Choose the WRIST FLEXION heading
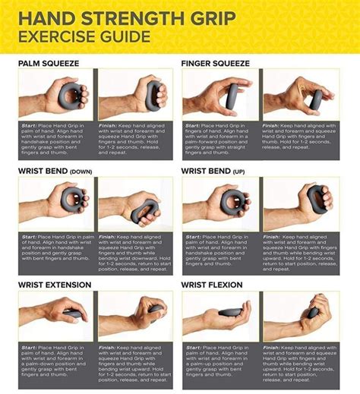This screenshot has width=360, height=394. pos(212,285)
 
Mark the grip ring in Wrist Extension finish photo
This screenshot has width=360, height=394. pos(148,310)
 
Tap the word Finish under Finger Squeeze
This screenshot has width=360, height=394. pos(273,125)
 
